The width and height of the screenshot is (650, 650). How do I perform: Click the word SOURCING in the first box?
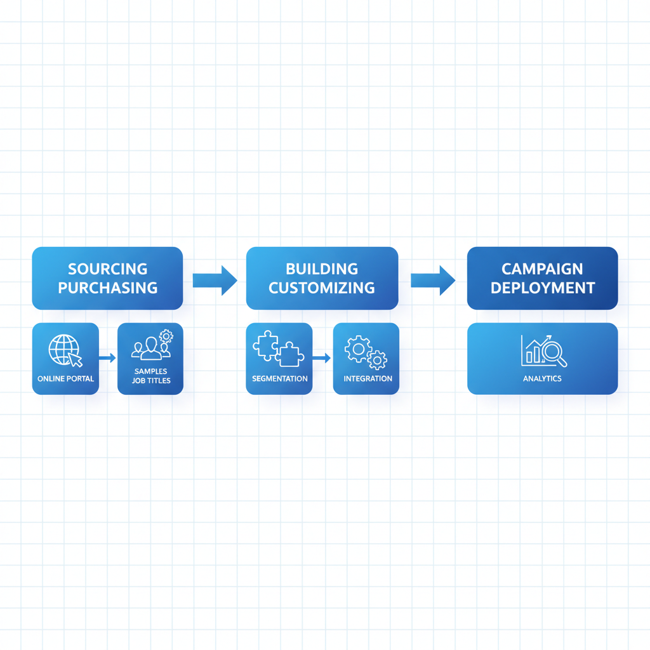pos(107,269)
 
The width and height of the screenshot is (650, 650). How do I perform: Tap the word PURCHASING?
pos(107,288)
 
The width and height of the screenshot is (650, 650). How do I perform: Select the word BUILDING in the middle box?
pos(322,269)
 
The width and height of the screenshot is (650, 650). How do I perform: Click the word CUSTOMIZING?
pos(322,288)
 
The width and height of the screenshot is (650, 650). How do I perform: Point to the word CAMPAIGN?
pos(542,269)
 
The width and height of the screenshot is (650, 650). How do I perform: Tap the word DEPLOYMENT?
pos(542,288)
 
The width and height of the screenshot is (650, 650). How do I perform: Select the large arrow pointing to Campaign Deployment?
pos(433,279)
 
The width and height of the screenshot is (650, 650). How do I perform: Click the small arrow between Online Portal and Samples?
pos(108,358)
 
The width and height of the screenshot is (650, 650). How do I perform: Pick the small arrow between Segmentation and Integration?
pos(322,358)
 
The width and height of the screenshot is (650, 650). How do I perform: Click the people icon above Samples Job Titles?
pos(152,347)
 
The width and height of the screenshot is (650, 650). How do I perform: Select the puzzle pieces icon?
pos(278,348)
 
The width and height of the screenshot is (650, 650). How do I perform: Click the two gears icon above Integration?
pos(366,352)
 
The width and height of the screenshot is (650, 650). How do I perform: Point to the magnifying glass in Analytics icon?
pos(554,352)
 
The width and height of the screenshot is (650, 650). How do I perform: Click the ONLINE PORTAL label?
pos(65,379)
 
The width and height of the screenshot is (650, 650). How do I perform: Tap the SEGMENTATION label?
pos(279,379)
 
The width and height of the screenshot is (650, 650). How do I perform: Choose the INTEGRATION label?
pos(368,379)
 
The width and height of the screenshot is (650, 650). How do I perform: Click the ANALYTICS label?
pos(542,379)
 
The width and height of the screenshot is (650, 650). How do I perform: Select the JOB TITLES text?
pos(151,381)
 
